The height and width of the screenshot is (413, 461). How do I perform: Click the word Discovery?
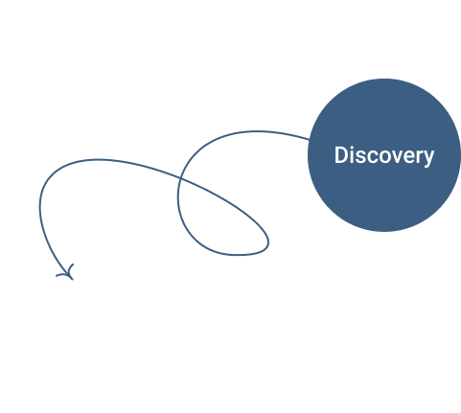pos(384,155)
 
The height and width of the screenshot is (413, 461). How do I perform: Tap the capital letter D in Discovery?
pos(340,155)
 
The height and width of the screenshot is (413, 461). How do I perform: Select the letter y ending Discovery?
pos(428,158)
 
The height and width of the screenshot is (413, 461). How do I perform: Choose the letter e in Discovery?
pos(408,157)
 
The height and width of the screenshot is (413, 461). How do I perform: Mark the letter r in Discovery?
pos(419,157)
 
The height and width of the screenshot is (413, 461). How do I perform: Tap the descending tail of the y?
pos(426,165)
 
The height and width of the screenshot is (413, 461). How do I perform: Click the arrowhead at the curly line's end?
pos(68,274)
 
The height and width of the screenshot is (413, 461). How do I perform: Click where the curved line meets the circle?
pos(309,139)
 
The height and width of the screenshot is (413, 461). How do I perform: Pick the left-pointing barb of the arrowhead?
pos(62,275)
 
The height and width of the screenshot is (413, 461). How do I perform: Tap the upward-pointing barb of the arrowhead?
pos(71,268)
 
